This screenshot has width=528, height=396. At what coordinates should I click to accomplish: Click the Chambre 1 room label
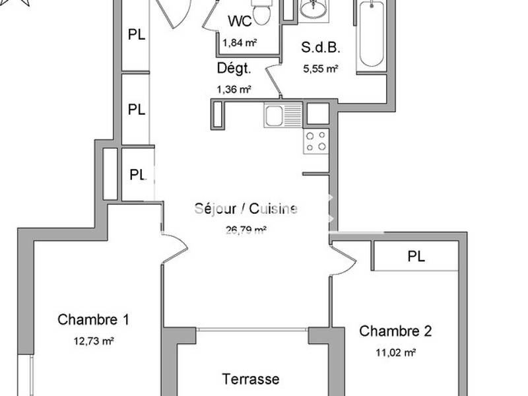93,320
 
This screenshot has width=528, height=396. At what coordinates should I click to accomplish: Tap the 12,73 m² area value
93,341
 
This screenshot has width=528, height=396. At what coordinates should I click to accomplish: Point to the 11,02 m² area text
395,353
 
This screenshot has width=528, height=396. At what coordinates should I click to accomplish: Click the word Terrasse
250,379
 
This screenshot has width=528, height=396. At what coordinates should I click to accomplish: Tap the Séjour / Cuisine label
246,209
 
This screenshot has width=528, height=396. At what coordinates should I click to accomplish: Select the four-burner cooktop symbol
316,141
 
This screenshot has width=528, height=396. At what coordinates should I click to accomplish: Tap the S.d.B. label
321,48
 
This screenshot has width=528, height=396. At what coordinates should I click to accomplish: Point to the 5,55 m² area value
321,68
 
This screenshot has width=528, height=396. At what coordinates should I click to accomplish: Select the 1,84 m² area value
239,43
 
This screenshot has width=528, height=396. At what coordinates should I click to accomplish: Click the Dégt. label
234,68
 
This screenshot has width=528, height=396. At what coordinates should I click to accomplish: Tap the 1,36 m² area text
234,90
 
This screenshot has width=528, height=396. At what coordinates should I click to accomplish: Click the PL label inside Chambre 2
416,257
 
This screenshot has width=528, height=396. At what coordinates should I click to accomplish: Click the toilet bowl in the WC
262,13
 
